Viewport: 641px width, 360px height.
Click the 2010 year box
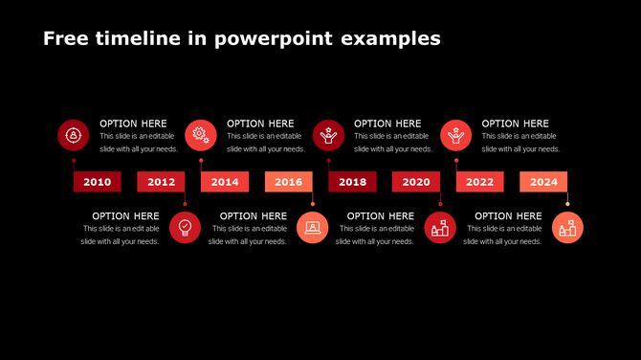pyautogui.click(x=98, y=182)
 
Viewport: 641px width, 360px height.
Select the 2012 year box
pyautogui.click(x=161, y=182)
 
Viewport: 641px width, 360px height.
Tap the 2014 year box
pyautogui.click(x=225, y=182)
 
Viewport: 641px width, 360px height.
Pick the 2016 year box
pyautogui.click(x=288, y=182)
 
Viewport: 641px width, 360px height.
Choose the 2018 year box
pyautogui.click(x=352, y=182)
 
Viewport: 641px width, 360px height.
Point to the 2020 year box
pyautogui.click(x=416, y=182)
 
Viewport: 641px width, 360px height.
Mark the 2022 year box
pyautogui.click(x=479, y=182)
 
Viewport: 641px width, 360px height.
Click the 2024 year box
pyautogui.click(x=543, y=182)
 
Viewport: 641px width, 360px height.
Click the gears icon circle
pyautogui.click(x=201, y=135)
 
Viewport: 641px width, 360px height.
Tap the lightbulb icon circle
pyautogui.click(x=186, y=228)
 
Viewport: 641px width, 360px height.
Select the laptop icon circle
pyautogui.click(x=313, y=228)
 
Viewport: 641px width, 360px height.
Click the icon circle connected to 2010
pyautogui.click(x=74, y=135)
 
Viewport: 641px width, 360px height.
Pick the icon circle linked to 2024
pyautogui.click(x=567, y=228)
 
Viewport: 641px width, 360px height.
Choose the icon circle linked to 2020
pyautogui.click(x=440, y=228)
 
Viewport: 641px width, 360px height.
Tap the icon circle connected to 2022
pyautogui.click(x=456, y=135)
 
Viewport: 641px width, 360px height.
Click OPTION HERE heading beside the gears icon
pyautogui.click(x=260, y=124)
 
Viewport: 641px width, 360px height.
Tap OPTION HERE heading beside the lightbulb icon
pyautogui.click(x=125, y=216)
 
